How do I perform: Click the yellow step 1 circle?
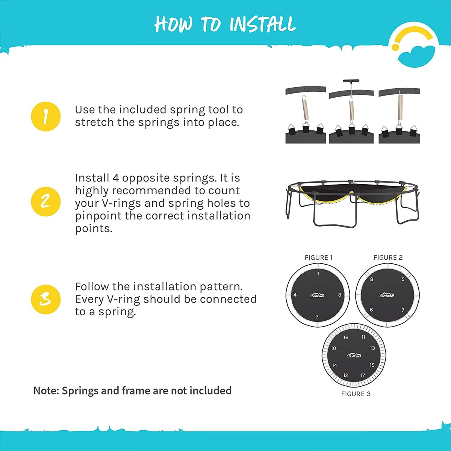tap(45, 116)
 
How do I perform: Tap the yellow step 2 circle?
tap(45, 201)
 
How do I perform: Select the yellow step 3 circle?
tap(45, 299)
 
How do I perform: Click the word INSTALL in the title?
tap(262, 24)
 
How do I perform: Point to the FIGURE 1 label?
tap(318, 258)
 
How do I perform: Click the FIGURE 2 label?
tap(388, 258)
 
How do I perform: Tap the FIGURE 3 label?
tap(356, 394)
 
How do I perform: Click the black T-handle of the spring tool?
tap(351, 81)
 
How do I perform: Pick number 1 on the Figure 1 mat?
tap(318, 274)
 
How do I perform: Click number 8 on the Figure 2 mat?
tap(372, 279)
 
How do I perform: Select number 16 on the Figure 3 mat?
tap(346, 337)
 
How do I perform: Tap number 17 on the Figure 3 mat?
tap(363, 375)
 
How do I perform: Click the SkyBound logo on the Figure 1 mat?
tap(317, 295)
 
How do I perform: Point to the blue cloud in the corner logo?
tap(416, 56)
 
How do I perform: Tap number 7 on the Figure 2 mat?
tap(403, 310)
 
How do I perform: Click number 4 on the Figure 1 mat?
tap(295, 295)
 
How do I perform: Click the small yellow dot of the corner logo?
tap(395, 47)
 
